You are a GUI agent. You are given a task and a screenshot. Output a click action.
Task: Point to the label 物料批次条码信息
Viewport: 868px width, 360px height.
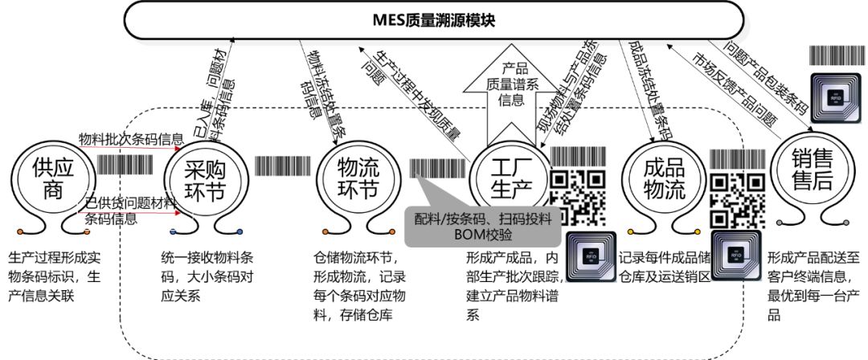(130, 140)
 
